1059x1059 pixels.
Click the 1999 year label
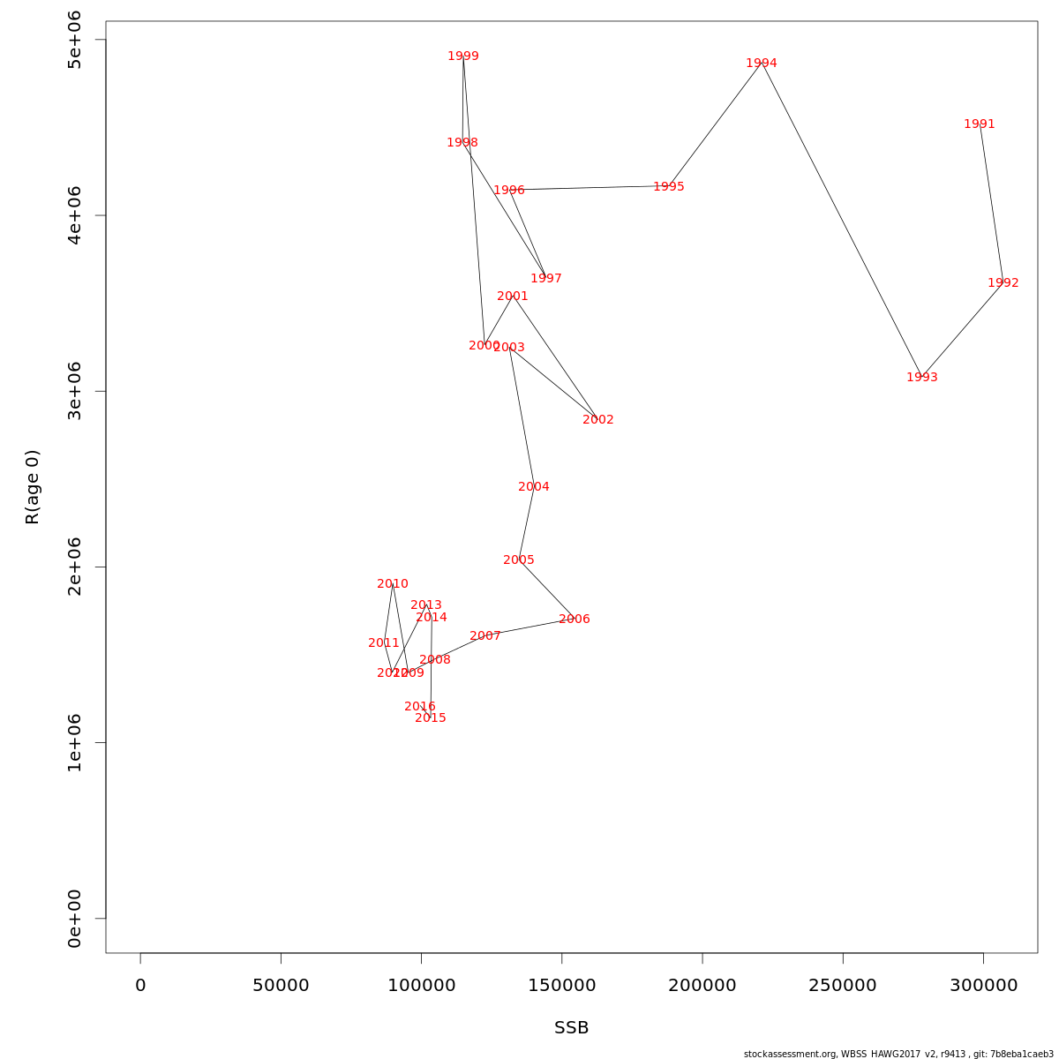(463, 56)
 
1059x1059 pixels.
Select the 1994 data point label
(762, 64)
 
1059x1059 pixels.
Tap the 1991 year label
(980, 124)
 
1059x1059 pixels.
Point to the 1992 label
(1003, 283)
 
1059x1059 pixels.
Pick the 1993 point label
(922, 378)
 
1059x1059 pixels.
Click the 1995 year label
(669, 187)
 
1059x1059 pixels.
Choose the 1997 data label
(546, 279)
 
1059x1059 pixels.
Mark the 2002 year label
(598, 420)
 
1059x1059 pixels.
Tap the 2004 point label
(534, 487)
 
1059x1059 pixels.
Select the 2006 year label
(575, 620)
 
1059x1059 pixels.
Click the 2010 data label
(393, 584)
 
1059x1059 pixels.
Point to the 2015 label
(431, 718)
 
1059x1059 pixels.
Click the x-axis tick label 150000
(562, 985)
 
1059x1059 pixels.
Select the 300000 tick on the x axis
(983, 985)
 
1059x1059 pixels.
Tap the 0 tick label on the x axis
(140, 985)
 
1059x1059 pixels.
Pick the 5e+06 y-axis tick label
(75, 40)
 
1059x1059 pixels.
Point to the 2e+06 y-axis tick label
(75, 567)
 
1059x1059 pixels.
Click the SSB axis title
(572, 1028)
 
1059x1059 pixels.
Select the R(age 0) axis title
(33, 487)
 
